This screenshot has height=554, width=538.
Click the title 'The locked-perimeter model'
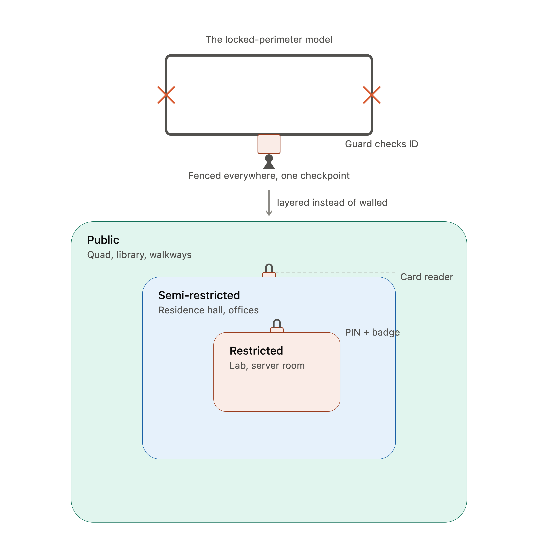[x=269, y=40]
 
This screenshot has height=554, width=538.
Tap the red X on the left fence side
[x=166, y=95]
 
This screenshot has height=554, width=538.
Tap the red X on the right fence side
[x=372, y=95]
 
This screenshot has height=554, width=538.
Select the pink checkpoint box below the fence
[x=269, y=144]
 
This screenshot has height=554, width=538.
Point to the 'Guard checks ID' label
[x=382, y=144]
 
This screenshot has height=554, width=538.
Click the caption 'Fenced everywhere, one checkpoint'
[x=269, y=176]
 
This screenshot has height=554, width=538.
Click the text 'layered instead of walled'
[x=332, y=203]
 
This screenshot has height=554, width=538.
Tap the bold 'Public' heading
[x=103, y=240]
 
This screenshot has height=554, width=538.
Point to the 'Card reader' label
[x=427, y=277]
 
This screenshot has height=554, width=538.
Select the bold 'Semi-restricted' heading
[x=199, y=295]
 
